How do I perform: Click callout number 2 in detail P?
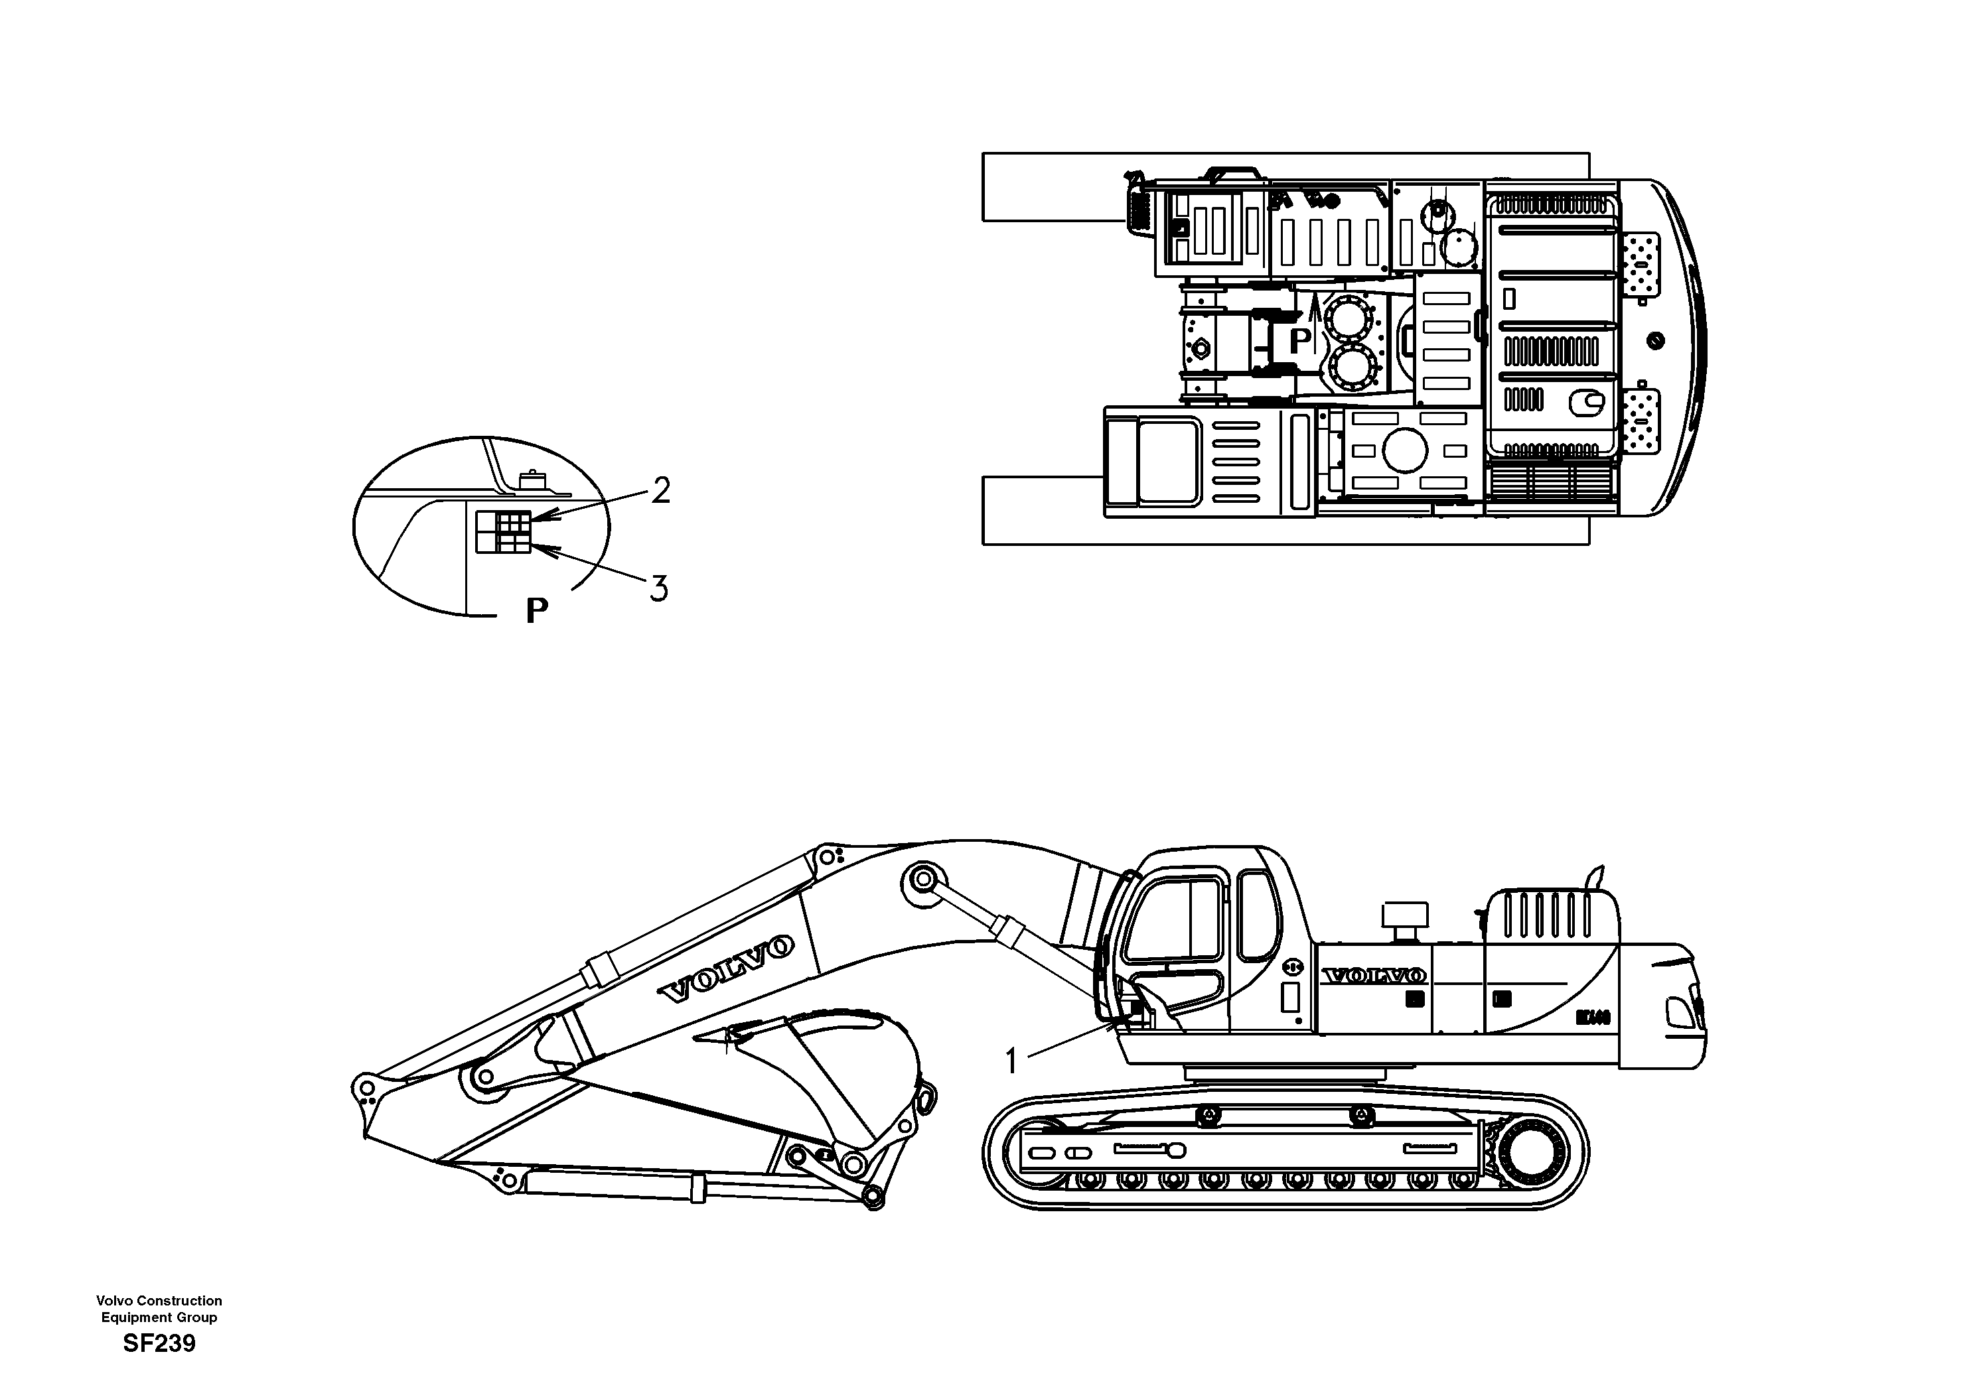click(660, 491)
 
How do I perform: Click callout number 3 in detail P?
click(658, 589)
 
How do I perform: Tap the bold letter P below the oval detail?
click(537, 610)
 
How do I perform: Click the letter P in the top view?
click(1300, 340)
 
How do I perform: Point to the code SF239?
click(159, 1343)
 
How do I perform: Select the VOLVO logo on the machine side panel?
click(1374, 975)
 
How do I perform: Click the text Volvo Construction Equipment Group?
click(159, 1309)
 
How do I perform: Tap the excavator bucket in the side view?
click(826, 1075)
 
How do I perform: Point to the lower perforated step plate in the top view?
click(1639, 421)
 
